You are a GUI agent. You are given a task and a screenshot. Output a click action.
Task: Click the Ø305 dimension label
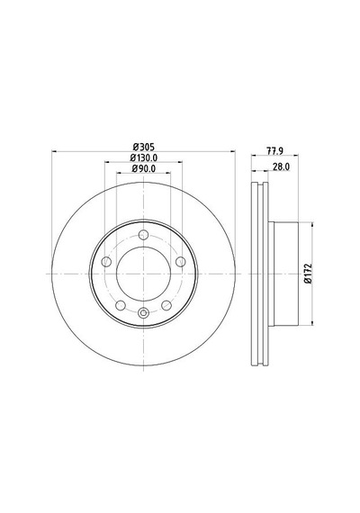click(143, 147)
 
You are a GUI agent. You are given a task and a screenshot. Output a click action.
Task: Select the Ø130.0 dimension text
click(144, 157)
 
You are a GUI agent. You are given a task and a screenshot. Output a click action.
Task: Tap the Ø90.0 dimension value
click(143, 168)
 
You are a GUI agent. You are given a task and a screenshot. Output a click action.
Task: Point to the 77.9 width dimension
click(274, 151)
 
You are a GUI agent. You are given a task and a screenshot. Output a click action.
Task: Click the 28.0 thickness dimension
click(281, 166)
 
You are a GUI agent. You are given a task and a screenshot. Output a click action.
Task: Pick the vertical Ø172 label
click(308, 273)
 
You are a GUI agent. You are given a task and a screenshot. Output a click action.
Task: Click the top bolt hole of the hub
click(143, 235)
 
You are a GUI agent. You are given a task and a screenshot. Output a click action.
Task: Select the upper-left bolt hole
click(106, 262)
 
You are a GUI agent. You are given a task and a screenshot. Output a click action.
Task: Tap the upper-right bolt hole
click(181, 262)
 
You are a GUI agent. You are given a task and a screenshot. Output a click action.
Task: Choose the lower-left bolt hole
click(121, 306)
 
